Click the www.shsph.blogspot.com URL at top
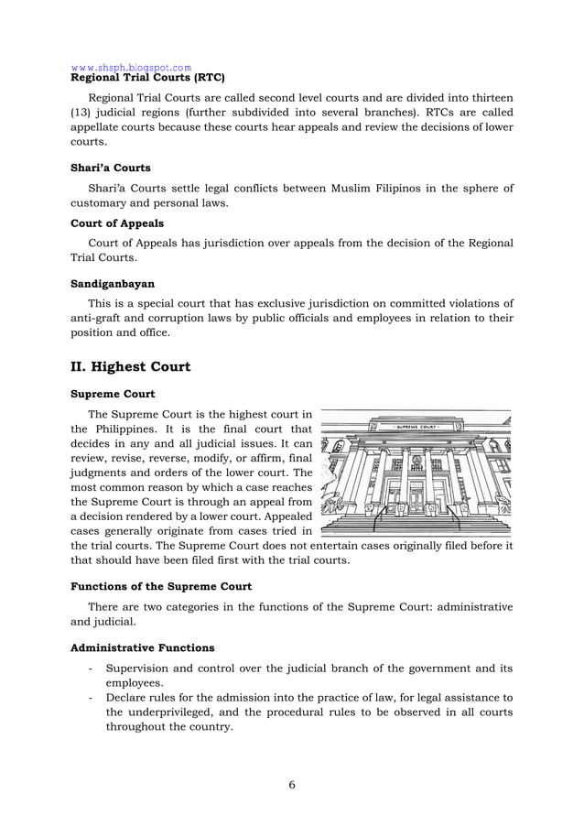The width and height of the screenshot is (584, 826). (x=131, y=67)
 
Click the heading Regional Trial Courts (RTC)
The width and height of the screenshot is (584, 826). (x=147, y=77)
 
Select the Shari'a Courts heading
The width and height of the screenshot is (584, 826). (x=111, y=168)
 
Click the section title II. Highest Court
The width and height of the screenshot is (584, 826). (x=131, y=366)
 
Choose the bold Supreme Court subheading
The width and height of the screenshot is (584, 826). (x=113, y=395)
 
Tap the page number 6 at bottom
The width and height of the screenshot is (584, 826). (x=291, y=784)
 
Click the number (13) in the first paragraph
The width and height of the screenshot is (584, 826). (x=83, y=114)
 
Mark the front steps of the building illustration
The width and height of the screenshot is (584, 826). (x=416, y=525)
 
